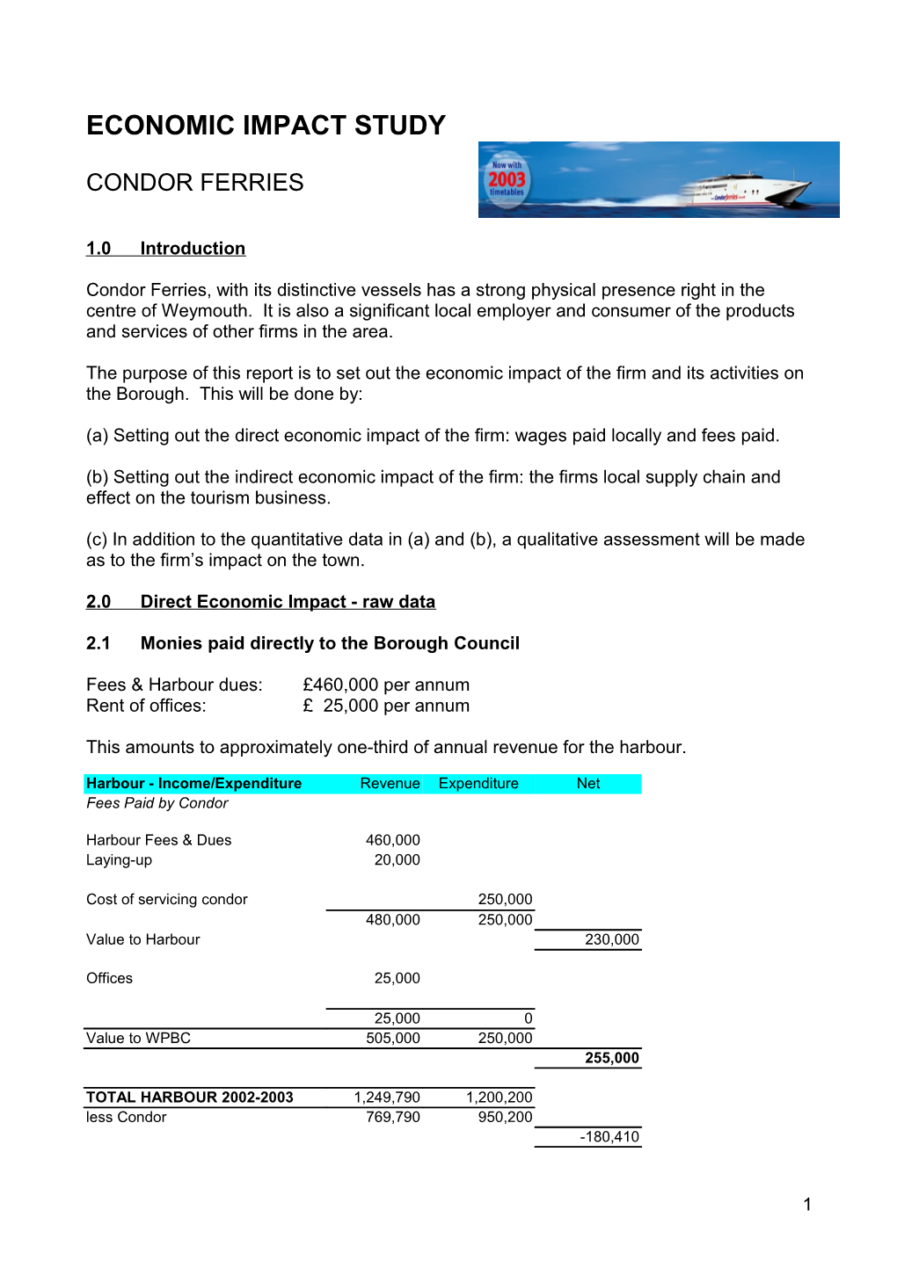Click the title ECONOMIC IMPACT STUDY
point(266,126)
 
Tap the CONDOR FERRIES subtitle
point(194,183)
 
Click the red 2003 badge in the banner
point(507,179)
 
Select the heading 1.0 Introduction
point(165,249)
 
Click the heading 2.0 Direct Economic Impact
point(260,602)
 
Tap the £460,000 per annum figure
point(385,685)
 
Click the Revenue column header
point(390,784)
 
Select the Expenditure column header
point(478,784)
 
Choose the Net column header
point(588,784)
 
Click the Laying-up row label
point(119,860)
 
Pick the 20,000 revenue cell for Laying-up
point(397,860)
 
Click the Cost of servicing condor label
point(166,900)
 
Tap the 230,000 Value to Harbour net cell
point(612,939)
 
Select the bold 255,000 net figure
point(612,1058)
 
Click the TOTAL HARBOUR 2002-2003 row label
point(189,1098)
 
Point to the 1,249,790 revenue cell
point(387,1098)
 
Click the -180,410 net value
point(609,1137)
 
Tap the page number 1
point(807,1205)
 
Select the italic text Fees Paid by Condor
point(157,803)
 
